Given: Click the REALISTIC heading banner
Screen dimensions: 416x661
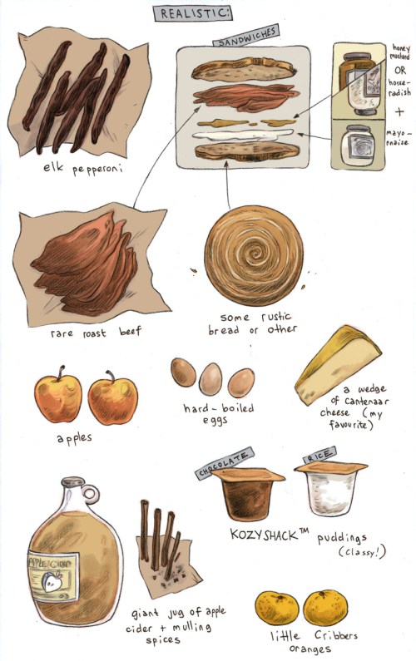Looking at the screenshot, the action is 193,13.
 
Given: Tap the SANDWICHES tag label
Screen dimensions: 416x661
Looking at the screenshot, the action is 246,37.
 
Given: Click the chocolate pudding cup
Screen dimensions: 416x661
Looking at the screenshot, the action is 248,492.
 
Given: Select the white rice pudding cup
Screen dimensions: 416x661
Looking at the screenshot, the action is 331,488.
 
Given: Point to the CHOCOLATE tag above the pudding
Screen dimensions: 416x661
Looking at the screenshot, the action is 225,462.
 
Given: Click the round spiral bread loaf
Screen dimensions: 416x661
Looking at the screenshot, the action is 254,255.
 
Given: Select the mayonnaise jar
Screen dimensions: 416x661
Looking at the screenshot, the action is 358,145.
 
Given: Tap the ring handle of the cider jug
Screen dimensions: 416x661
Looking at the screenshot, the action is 91,493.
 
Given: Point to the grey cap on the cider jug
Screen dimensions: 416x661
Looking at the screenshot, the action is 73,481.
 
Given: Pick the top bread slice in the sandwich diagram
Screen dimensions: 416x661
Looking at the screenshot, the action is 243,70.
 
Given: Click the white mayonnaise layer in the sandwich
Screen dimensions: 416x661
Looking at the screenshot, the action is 243,136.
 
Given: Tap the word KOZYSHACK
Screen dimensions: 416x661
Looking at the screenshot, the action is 264,535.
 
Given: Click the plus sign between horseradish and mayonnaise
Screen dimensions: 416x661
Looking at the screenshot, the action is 399,111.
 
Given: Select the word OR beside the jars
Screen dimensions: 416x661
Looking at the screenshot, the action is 400,72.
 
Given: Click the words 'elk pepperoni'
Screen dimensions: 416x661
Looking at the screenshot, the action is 82,169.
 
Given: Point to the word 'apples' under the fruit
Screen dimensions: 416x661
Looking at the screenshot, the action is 74,438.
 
